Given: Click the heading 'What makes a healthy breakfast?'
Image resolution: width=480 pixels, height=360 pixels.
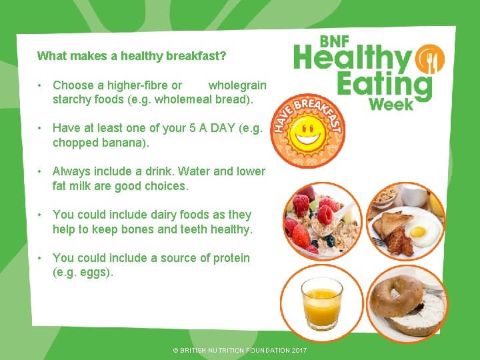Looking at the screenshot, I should click(x=131, y=56).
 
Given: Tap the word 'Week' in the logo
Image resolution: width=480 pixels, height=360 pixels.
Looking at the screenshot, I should click(x=391, y=103).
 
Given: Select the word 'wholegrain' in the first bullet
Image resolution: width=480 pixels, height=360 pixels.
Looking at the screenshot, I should click(x=237, y=85).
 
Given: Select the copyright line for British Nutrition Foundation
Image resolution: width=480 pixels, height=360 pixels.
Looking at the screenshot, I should click(x=240, y=350).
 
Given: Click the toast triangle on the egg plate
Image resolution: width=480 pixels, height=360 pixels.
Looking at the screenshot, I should click(x=386, y=225).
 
